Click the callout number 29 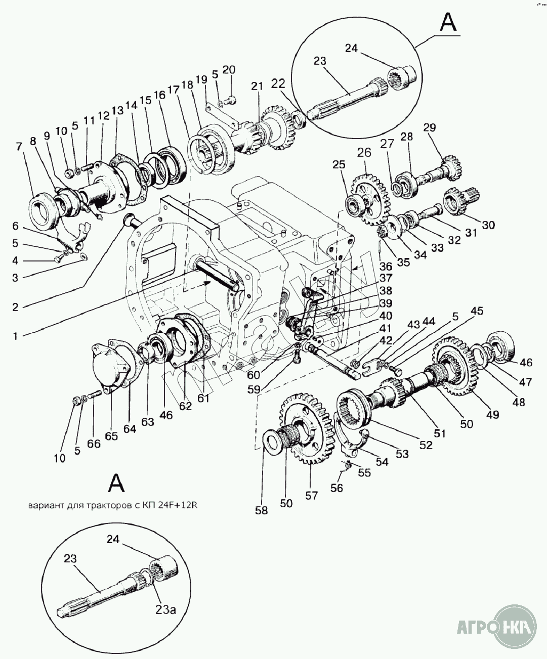[x=430, y=127]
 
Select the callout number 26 [x=364, y=152]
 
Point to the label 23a [x=165, y=610]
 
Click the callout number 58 [x=262, y=510]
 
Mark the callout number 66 [x=94, y=444]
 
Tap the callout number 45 [x=477, y=311]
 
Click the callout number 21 [x=258, y=86]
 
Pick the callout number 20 [x=229, y=70]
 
